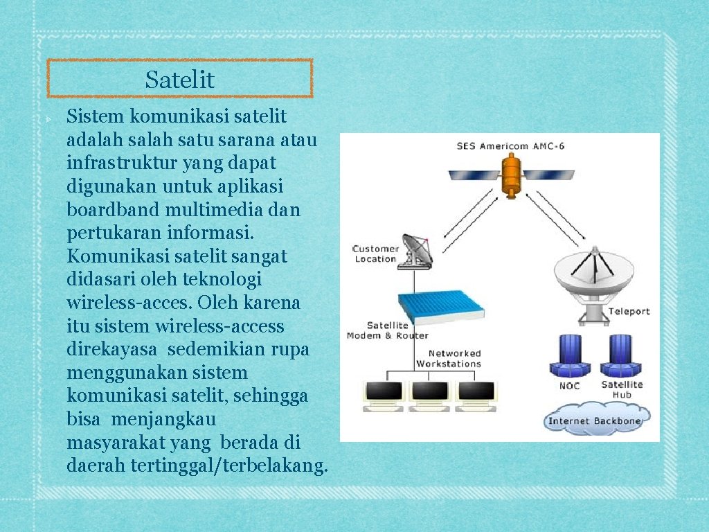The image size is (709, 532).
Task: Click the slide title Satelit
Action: [180, 80]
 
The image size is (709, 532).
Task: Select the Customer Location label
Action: [375, 254]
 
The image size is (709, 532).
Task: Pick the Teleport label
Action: [629, 311]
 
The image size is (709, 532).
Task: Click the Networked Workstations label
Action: [448, 359]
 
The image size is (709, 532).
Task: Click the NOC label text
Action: [569, 386]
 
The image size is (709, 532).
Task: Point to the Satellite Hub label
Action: [621, 389]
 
